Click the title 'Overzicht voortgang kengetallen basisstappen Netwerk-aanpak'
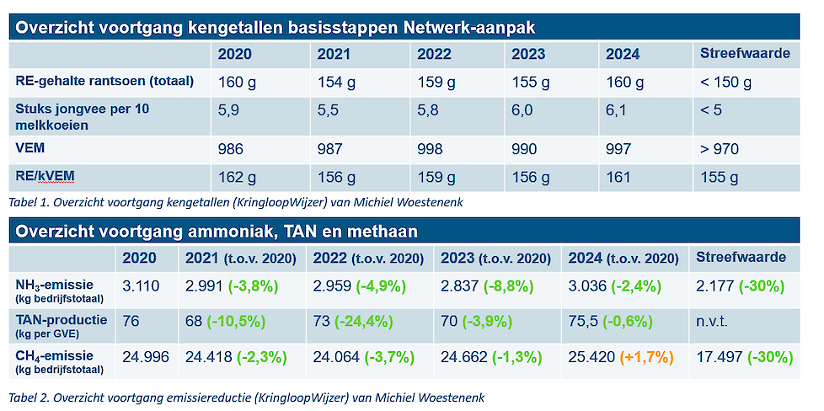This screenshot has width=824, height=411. click(x=276, y=27)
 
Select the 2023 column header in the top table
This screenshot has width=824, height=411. click(x=527, y=54)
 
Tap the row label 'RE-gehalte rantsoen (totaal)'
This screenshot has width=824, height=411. click(x=104, y=82)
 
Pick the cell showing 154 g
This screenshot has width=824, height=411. click(x=336, y=82)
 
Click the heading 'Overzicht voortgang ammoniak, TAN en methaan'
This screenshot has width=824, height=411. click(x=216, y=230)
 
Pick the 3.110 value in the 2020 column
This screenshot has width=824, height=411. click(x=141, y=286)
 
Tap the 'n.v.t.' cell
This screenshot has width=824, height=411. click(x=712, y=321)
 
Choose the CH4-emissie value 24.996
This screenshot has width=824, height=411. click(x=145, y=357)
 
